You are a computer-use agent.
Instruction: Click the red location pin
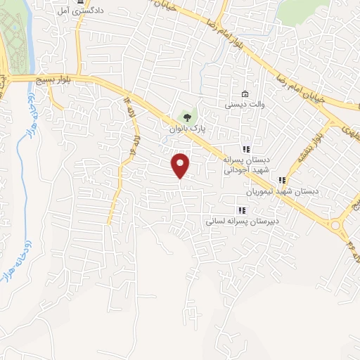181,166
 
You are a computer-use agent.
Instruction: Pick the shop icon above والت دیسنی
244,94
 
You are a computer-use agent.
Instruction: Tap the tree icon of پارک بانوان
186,116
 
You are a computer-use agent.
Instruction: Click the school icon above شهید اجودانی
246,149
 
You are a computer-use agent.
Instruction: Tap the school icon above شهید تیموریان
283,180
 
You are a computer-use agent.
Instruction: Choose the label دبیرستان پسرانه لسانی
238,220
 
